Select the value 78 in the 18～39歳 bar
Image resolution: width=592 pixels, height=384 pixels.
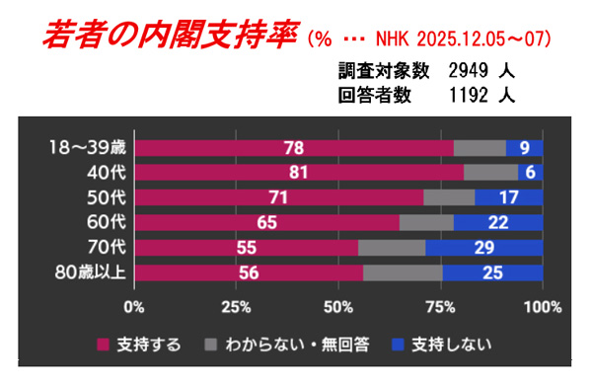pyautogui.click(x=293, y=149)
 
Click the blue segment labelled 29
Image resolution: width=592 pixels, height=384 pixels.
pyautogui.click(x=483, y=248)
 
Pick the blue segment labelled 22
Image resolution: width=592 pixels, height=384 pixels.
pyautogui.click(x=498, y=223)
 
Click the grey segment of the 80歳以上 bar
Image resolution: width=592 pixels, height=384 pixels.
pyautogui.click(x=403, y=272)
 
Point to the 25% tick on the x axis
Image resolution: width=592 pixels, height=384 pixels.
pyautogui.click(x=237, y=305)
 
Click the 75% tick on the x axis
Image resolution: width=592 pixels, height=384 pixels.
pyautogui.click(x=441, y=305)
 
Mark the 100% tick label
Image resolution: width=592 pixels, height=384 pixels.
pyautogui.click(x=541, y=305)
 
